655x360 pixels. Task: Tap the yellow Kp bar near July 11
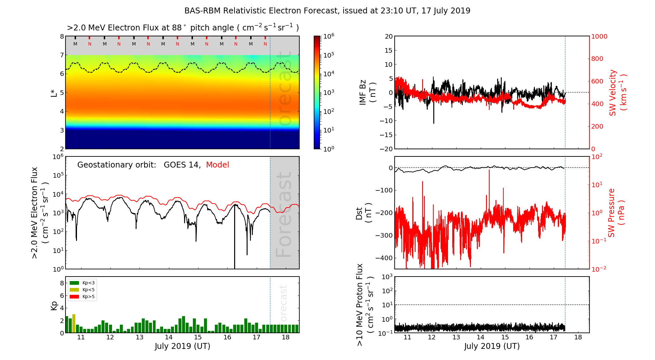pos(74,323)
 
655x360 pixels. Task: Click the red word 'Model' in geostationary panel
pos(217,165)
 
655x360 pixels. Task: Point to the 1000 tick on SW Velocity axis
pos(599,36)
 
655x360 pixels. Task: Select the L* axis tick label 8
pos(62,36)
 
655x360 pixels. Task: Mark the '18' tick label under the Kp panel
pos(286,337)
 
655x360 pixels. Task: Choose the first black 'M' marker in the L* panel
pos(75,44)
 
